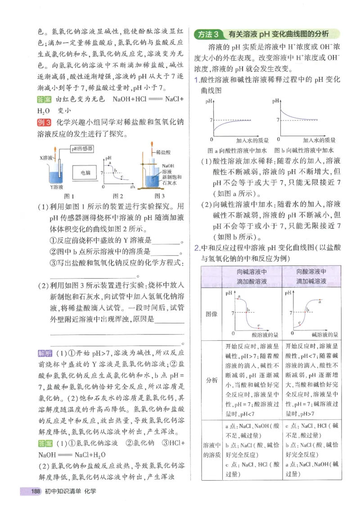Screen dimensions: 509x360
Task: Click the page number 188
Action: coord(36,491)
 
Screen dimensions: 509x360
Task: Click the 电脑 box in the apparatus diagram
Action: coord(85,172)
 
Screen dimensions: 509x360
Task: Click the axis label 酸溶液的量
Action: coord(265,335)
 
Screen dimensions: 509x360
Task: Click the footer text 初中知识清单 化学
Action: coord(70,491)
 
